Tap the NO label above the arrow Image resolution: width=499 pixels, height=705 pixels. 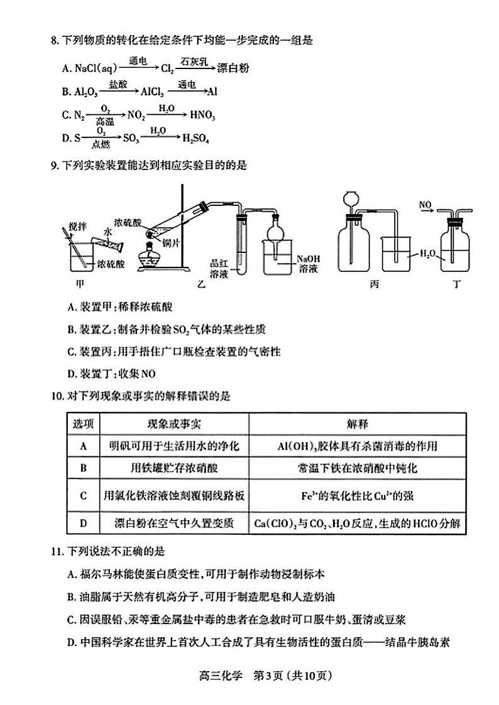(425, 205)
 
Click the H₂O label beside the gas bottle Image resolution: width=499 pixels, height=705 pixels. (427, 254)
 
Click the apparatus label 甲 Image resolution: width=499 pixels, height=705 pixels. (79, 284)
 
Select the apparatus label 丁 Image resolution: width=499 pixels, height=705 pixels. (456, 284)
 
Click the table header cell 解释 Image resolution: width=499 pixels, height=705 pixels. (357, 424)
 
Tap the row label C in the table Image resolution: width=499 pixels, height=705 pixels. (82, 496)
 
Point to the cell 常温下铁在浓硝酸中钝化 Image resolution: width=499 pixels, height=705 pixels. (357, 468)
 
